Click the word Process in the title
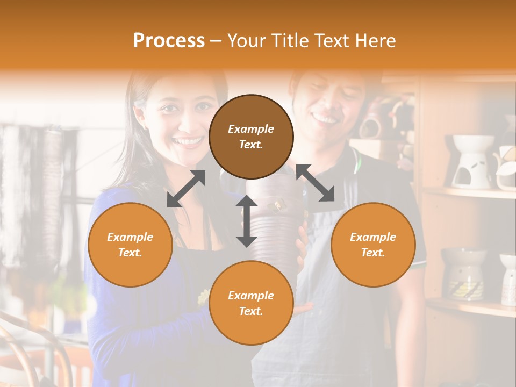(x=169, y=41)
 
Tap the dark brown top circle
(x=251, y=137)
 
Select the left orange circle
(x=130, y=245)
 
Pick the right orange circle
(x=373, y=245)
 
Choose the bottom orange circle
(x=251, y=303)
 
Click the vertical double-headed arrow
(x=246, y=221)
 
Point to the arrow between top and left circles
(x=186, y=189)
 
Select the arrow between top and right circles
(x=315, y=183)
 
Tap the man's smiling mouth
(x=324, y=117)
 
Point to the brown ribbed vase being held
(x=274, y=226)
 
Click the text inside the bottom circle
(x=251, y=303)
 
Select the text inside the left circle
(x=130, y=245)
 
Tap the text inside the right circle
(x=373, y=245)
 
